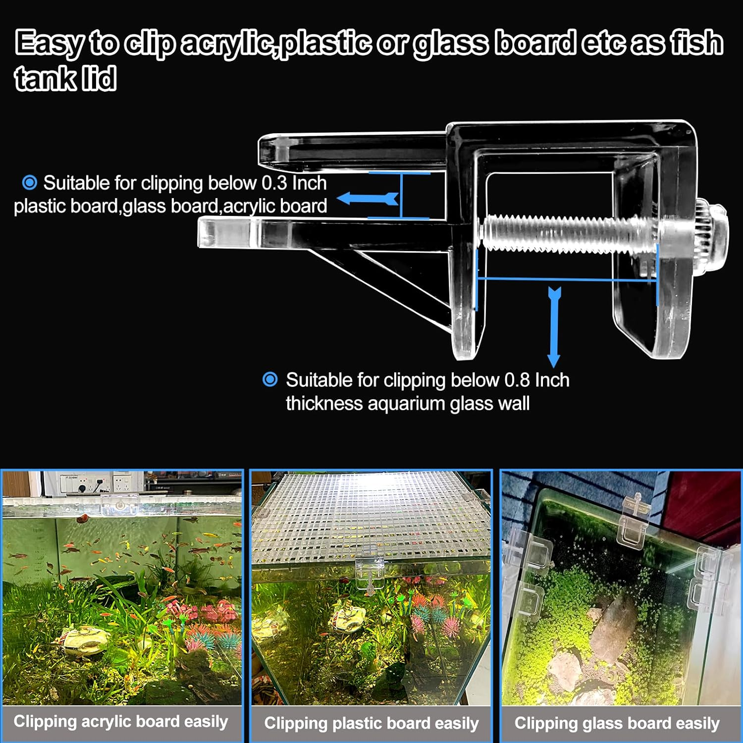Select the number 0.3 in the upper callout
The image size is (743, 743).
pos(274,183)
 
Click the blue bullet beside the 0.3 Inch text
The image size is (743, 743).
pos(30,183)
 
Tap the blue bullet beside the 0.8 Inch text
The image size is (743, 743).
pos(270,380)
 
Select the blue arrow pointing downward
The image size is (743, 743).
pos(554,327)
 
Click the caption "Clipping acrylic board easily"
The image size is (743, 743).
pos(121,722)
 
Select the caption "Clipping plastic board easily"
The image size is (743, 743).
pos(371,723)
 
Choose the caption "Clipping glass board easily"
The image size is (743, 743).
pos(617,723)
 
